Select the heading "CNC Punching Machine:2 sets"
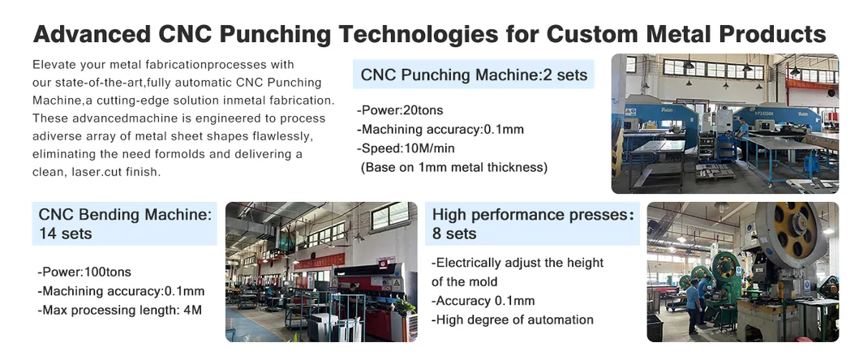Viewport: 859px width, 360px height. [474, 75]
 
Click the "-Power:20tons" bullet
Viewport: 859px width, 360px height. [400, 110]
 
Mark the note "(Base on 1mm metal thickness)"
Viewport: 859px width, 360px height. [454, 167]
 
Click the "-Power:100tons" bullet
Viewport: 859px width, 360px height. [84, 272]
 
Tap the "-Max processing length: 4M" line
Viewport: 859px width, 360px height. [119, 311]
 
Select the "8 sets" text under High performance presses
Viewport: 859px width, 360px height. [454, 234]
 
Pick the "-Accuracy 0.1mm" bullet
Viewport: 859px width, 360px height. [483, 301]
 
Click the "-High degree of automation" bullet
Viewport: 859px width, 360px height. [512, 319]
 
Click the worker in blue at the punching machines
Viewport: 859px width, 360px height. [742, 131]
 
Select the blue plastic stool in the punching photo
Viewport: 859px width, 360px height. [811, 164]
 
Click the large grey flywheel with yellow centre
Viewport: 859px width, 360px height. [791, 226]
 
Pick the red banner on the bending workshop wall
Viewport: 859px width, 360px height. [320, 261]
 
